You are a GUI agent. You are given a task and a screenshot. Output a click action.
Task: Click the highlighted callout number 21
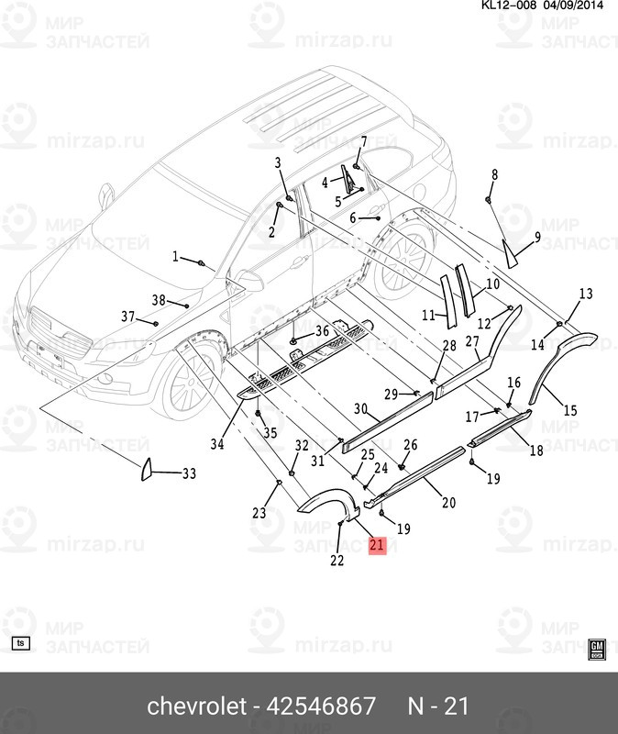[377, 545]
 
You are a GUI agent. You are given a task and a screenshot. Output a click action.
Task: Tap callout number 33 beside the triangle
[189, 474]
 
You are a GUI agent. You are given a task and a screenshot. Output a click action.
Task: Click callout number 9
[537, 238]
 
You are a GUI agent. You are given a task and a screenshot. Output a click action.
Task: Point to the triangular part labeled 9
[511, 250]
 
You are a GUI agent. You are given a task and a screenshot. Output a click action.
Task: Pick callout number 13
[585, 294]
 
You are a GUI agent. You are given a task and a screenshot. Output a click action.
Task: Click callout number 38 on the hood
[159, 300]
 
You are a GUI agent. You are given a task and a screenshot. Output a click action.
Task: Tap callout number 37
[128, 317]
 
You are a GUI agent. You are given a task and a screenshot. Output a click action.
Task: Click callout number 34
[216, 445]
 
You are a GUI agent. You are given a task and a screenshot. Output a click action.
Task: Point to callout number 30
[360, 408]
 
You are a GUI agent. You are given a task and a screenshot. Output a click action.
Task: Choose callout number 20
[448, 502]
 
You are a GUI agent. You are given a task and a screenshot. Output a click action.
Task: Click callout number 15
[570, 410]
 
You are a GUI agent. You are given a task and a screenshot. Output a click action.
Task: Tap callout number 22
[337, 561]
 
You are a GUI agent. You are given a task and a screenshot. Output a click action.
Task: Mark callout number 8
[494, 174]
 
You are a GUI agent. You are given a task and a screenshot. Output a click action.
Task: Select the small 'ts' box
[23, 642]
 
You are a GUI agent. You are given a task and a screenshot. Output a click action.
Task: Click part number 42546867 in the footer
[320, 706]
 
